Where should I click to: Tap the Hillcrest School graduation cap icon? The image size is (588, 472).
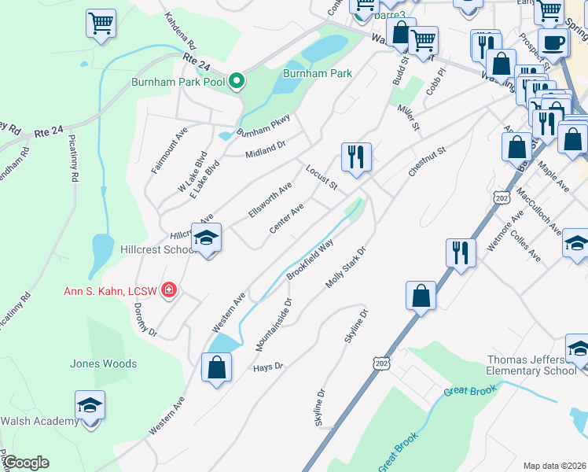(x=207, y=237)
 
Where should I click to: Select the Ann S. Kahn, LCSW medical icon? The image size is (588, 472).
(x=168, y=291)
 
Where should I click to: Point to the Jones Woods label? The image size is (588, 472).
(x=103, y=363)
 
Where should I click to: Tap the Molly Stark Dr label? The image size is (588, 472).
(x=347, y=269)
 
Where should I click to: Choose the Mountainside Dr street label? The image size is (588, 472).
(x=273, y=324)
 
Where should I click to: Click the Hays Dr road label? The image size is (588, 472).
(x=267, y=367)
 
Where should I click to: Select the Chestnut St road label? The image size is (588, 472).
(x=427, y=160)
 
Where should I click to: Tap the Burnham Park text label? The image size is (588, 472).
(x=317, y=73)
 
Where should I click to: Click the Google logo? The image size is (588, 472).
(x=27, y=463)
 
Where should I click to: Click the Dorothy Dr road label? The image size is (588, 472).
(x=145, y=320)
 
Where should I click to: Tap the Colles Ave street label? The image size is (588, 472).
(x=525, y=246)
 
